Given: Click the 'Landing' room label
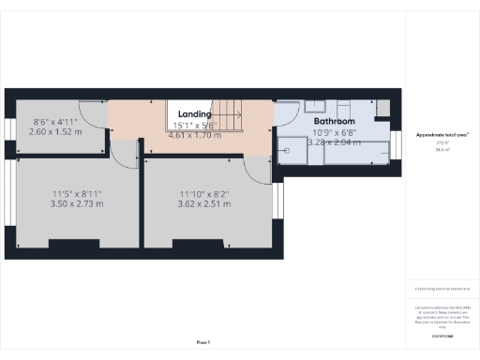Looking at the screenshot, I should pos(194,113).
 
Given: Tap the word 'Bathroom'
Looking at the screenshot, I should pos(334,122).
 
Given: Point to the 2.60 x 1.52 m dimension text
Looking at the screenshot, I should pos(56,132).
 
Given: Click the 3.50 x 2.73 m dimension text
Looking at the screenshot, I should pos(77,202).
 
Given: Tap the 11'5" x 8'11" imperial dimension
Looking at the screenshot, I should pos(77,193).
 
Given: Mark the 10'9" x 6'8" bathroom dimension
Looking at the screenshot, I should pos(334,133).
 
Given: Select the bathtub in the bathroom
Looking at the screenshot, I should pos(356,150).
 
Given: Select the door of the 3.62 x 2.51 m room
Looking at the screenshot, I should pos(255,169).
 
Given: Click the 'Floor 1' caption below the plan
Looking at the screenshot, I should pos(203,343).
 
